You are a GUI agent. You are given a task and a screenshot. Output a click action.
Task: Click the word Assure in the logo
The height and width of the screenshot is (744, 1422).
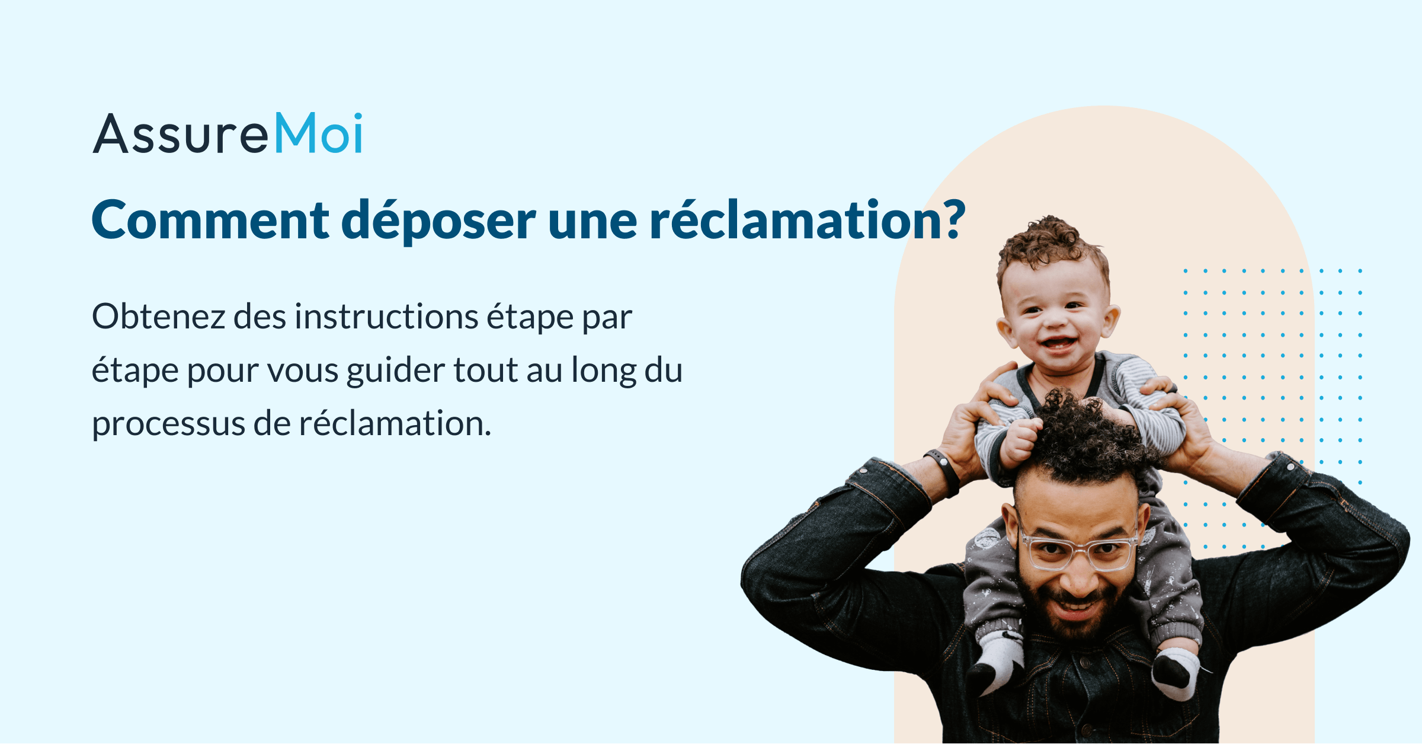click(x=181, y=135)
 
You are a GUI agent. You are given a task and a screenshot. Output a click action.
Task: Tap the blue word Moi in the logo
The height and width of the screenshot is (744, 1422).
click(x=318, y=133)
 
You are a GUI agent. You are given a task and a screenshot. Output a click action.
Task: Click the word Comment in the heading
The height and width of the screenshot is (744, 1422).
click(x=210, y=221)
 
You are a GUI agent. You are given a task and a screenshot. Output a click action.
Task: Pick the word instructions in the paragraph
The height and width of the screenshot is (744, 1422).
click(x=386, y=317)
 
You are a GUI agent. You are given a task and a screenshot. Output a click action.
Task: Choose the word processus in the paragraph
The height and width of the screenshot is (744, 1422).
click(x=167, y=424)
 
